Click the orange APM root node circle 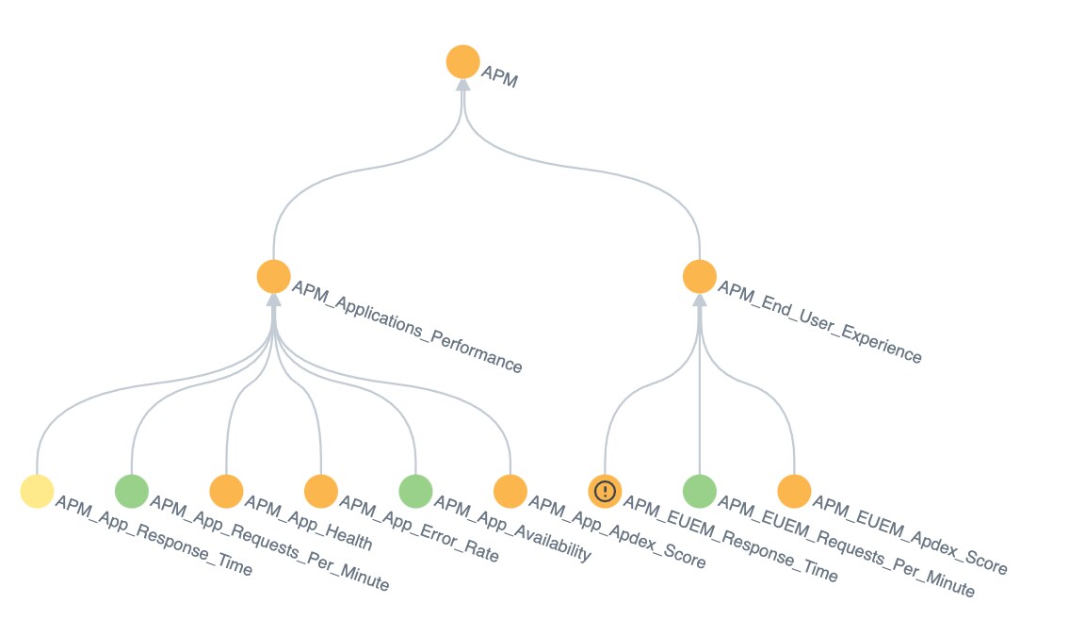[x=462, y=62]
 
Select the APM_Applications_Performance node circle [x=273, y=277]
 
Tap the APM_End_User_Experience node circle [x=700, y=277]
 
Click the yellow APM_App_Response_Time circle [x=37, y=491]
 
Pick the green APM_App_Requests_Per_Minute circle [x=132, y=491]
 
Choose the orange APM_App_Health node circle [x=226, y=491]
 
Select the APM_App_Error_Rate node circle [x=321, y=491]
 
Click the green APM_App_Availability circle [x=416, y=491]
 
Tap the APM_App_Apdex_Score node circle [x=510, y=491]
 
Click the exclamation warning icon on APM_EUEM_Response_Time [x=605, y=491]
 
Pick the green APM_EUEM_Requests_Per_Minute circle [x=700, y=491]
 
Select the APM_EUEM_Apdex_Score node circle [x=794, y=491]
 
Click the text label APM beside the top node [x=500, y=76]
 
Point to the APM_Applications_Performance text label [x=407, y=326]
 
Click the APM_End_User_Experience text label [x=819, y=321]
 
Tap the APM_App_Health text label [x=308, y=523]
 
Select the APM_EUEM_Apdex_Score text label [x=910, y=535]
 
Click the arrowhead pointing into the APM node [x=462, y=85]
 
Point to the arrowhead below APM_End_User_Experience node [x=700, y=301]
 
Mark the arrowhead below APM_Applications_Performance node [x=273, y=301]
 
